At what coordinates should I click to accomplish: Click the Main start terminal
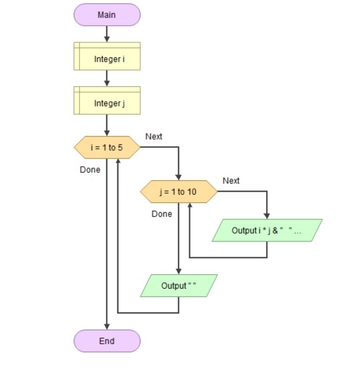[x=107, y=15]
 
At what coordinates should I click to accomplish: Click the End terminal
[x=107, y=340]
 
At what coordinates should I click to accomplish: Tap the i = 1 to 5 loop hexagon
[x=107, y=148]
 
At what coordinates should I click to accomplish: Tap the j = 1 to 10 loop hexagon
[x=179, y=192]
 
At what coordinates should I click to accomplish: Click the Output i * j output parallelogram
[x=267, y=230]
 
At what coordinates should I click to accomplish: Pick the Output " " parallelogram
[x=179, y=286]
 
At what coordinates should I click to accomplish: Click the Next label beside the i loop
[x=153, y=137]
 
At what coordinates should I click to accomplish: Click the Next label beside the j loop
[x=231, y=181]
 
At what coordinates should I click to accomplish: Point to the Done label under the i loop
[x=90, y=169]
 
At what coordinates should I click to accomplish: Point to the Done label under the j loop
[x=161, y=214]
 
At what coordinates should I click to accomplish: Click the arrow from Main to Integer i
[x=107, y=34]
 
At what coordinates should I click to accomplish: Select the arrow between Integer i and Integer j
[x=107, y=79]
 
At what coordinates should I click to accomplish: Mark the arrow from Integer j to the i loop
[x=107, y=125]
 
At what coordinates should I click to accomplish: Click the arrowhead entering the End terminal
[x=107, y=326]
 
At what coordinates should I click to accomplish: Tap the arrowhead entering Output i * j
[x=267, y=216]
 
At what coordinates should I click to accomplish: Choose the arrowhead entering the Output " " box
[x=179, y=271]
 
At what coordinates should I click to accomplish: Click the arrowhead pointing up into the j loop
[x=190, y=207]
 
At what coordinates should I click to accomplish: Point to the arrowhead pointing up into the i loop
[x=118, y=163]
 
